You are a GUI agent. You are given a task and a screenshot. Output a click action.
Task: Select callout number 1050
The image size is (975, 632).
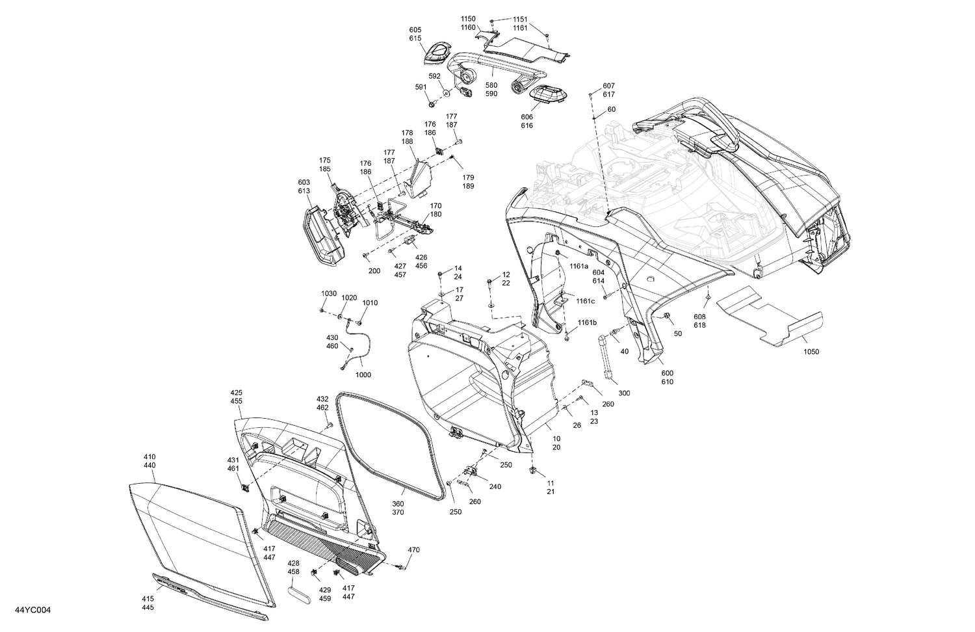click(811, 352)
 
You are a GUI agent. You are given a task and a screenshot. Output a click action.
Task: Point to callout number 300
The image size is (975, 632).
click(624, 393)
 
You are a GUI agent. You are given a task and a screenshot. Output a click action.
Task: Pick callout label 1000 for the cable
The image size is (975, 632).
click(364, 375)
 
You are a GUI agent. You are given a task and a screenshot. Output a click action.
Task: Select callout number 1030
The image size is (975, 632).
click(329, 293)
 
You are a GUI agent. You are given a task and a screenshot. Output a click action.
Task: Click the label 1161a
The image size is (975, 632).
click(579, 266)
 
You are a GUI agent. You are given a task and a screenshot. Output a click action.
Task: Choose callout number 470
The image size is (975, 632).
click(413, 550)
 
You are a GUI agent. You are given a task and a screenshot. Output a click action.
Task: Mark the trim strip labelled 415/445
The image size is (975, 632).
click(208, 592)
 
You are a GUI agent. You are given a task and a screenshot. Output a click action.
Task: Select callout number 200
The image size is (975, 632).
click(374, 270)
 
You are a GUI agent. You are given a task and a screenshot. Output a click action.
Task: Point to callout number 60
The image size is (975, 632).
click(611, 109)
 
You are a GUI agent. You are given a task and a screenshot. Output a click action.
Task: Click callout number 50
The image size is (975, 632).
click(678, 333)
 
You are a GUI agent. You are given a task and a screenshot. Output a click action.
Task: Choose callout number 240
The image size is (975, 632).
click(495, 486)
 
